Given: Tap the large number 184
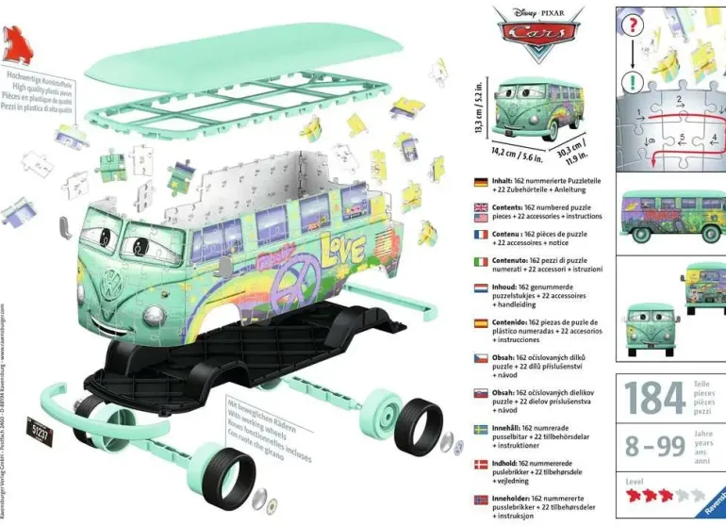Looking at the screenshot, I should (x=655, y=397).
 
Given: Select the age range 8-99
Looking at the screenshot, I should (x=655, y=445).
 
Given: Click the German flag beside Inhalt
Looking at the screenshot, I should (x=480, y=181).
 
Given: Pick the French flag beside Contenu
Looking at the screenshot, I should (x=480, y=234).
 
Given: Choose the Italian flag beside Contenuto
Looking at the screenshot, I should (x=480, y=261).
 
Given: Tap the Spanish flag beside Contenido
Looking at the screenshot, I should (x=480, y=322).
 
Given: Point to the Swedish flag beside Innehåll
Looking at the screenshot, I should (x=480, y=428).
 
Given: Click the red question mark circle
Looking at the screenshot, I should (x=632, y=25).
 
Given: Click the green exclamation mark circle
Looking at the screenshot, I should (x=630, y=84).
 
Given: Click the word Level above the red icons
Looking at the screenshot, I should (x=635, y=481).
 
